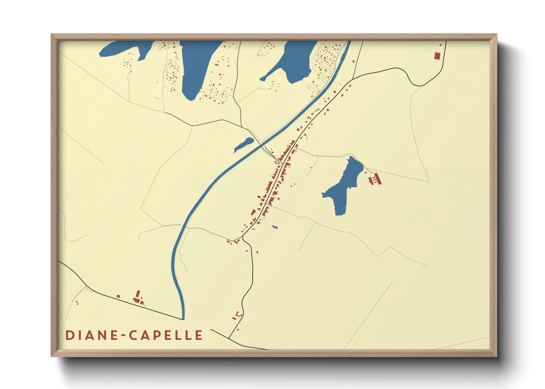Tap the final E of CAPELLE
(199, 335)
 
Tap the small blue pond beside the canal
(243, 144)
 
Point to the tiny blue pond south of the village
(275, 227)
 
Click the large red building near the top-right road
(437, 56)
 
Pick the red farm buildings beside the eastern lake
(375, 180)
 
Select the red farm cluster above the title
(138, 299)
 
